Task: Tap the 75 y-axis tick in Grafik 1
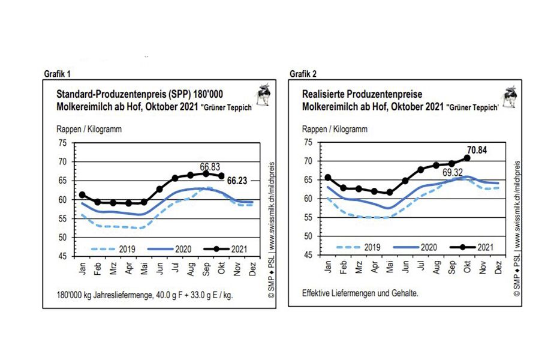[62, 143]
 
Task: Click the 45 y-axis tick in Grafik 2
[309, 256]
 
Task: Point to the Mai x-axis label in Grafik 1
[143, 268]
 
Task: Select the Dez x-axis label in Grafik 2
[499, 268]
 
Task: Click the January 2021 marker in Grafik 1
[82, 194]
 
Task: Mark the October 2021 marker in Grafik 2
[467, 158]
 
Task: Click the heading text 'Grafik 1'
[58, 74]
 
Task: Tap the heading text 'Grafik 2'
[303, 74]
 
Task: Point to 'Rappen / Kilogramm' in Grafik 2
[335, 129]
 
